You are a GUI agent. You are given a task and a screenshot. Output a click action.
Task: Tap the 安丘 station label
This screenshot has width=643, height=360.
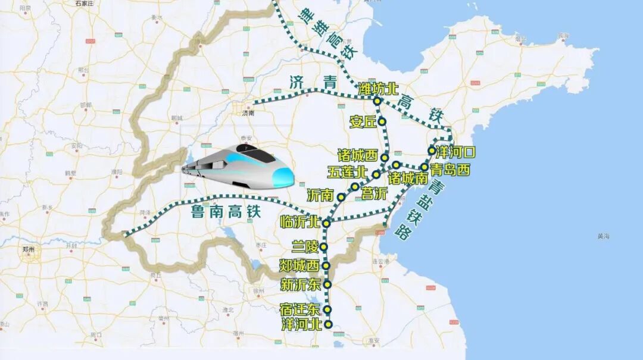[x=363, y=122]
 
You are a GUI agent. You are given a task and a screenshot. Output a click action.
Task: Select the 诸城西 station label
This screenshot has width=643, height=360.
[x=357, y=156]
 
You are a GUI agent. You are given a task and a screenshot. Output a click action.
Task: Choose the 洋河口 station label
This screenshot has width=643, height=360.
[x=455, y=152]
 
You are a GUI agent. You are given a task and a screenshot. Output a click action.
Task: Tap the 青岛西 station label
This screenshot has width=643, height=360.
[x=450, y=171]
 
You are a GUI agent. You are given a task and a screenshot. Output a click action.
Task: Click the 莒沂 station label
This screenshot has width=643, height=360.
[x=374, y=193]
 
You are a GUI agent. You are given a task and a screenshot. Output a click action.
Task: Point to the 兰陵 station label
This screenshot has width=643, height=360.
[x=305, y=246]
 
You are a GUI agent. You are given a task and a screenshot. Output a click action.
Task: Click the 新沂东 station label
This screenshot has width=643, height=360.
[x=301, y=284]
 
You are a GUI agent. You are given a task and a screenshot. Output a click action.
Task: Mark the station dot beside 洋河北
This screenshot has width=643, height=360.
[x=327, y=324]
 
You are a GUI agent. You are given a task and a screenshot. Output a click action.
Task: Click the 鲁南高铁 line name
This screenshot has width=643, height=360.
[x=226, y=211]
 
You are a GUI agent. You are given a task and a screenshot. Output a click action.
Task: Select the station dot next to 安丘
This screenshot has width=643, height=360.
[x=382, y=121]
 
